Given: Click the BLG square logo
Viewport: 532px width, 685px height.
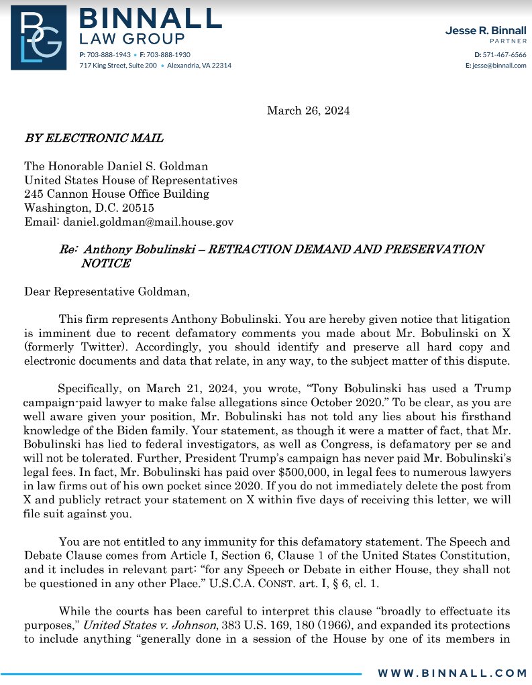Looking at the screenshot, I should coord(38,37).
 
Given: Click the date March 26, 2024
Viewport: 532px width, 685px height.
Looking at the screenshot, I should coord(308,110).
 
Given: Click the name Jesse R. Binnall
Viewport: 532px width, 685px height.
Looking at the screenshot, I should coord(486,31).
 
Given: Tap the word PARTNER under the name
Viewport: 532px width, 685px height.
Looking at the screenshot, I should coord(508,41).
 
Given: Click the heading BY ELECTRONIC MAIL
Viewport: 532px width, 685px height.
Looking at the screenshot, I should coord(94,139).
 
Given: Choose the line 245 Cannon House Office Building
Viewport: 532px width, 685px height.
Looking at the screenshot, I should coord(117,194).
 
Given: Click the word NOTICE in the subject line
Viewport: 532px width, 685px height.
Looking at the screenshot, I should coord(105,263).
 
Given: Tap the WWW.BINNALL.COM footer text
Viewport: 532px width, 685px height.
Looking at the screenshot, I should coord(451,672).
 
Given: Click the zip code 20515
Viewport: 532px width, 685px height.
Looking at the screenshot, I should coord(135,208).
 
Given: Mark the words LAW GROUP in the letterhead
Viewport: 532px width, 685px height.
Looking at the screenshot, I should coord(131,38).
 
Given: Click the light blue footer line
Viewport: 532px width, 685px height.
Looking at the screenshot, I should coord(181,672).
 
